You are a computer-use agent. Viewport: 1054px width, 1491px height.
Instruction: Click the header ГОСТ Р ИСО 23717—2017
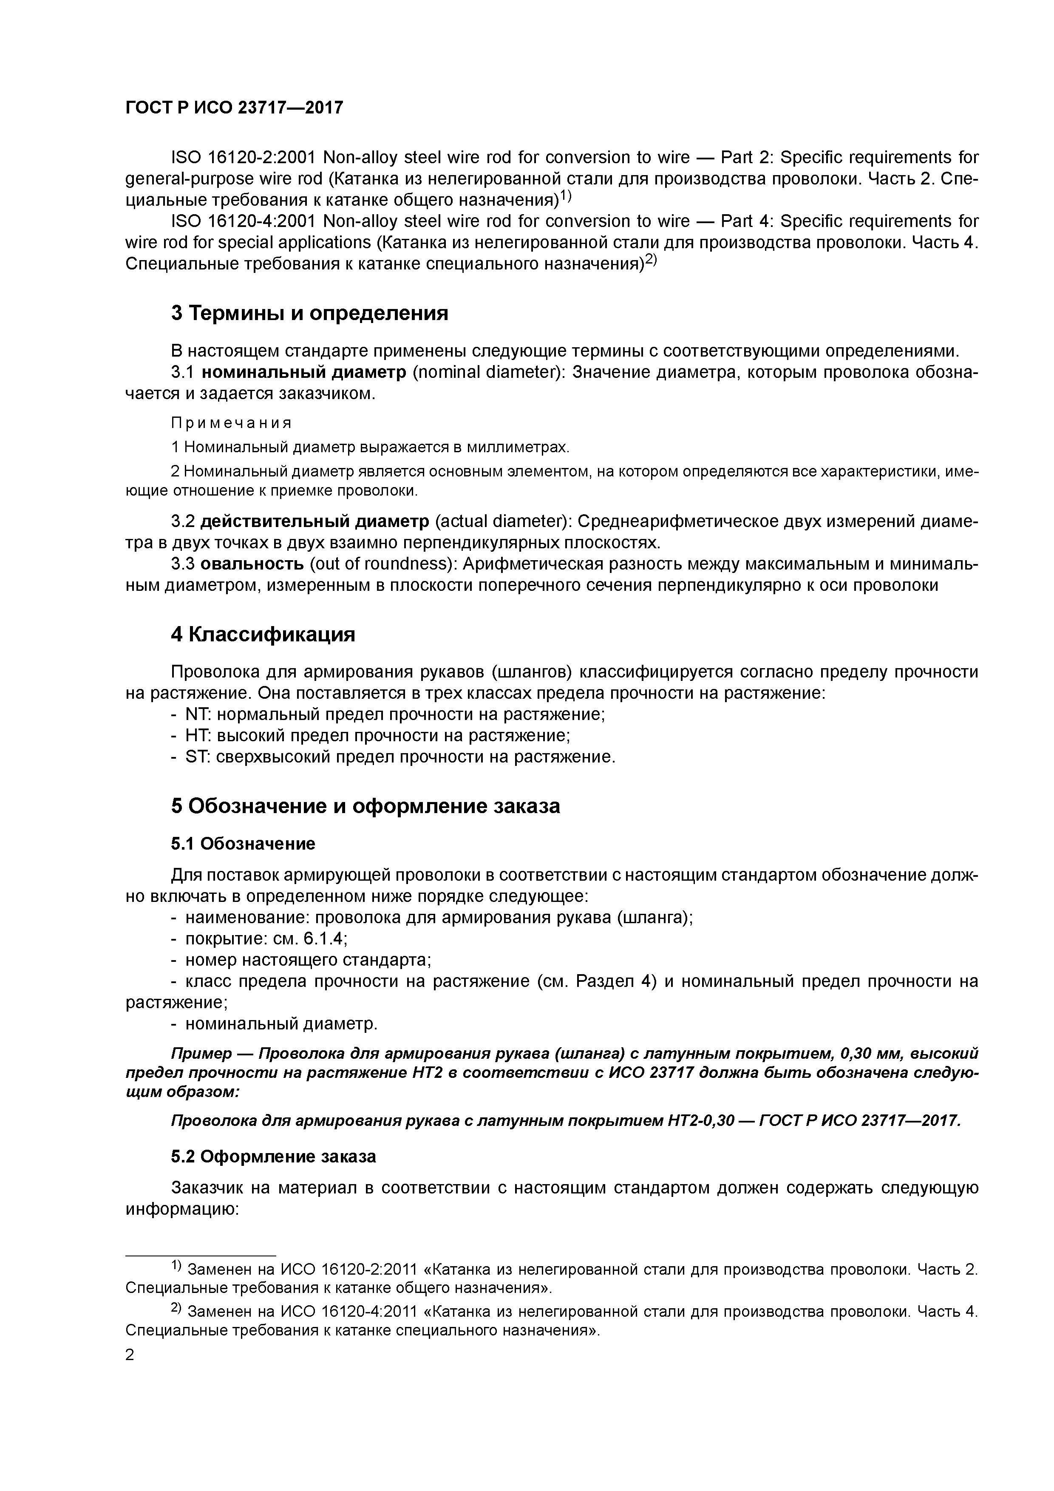[234, 108]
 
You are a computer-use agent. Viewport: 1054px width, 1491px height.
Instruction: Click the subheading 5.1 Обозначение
[243, 844]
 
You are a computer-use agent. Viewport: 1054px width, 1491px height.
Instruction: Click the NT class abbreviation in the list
[197, 714]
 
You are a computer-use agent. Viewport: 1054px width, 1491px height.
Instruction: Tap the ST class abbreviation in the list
[196, 757]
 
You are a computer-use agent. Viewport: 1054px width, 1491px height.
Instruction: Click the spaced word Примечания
[231, 423]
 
